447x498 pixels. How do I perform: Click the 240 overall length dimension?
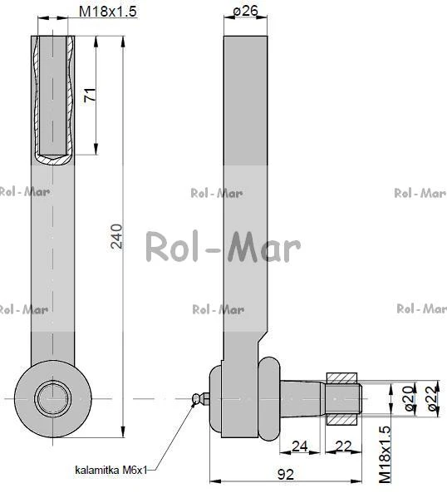[x=116, y=236]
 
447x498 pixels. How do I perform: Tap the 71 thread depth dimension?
[x=90, y=95]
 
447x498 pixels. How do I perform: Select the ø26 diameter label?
[x=246, y=11]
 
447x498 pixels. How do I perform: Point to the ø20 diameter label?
[x=410, y=398]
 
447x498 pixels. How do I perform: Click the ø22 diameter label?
[x=433, y=398]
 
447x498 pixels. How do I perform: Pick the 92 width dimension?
[x=286, y=475]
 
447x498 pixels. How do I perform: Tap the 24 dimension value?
[x=300, y=446]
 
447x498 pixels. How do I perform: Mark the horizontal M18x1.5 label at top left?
[x=108, y=12]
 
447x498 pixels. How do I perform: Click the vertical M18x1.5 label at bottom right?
[x=385, y=454]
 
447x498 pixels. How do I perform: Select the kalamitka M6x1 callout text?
[x=111, y=470]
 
